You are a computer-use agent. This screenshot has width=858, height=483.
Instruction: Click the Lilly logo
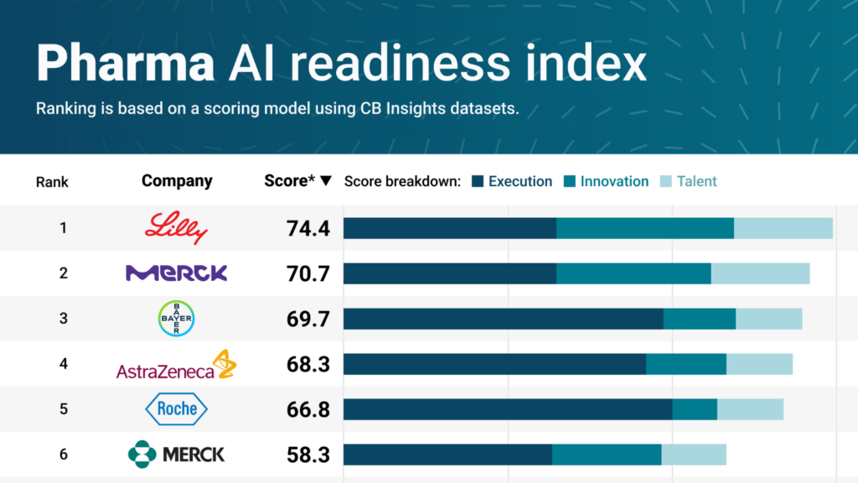pos(176,227)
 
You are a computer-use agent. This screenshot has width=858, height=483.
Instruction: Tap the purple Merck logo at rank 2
pos(176,273)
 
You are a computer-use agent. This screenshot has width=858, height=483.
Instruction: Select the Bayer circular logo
pos(176,319)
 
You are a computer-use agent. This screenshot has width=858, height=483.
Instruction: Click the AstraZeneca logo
pos(176,366)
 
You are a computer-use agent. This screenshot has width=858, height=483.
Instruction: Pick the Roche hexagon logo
pos(176,409)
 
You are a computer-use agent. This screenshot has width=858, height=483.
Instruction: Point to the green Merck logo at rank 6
pos(176,454)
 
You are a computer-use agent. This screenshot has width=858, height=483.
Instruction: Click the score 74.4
pos(307,228)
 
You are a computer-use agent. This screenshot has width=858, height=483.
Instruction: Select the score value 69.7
pos(307,319)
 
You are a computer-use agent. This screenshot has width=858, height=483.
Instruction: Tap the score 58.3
pos(307,455)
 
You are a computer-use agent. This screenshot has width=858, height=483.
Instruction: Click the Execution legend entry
pos(512,181)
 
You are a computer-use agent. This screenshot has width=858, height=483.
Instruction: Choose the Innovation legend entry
pos(606,181)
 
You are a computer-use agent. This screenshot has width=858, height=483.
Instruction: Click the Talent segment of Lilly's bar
pos(783,228)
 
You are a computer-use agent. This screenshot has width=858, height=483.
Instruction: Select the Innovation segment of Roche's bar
pos(695,409)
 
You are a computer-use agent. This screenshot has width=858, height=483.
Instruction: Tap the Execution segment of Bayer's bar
pos(503,319)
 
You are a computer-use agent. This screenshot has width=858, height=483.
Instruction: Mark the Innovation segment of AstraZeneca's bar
pos(686,364)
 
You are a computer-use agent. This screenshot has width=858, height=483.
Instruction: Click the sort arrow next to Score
pos(327,181)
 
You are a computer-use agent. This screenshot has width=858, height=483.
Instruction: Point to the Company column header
pos(177,181)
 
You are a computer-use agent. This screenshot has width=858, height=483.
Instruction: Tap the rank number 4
pos(63,364)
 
